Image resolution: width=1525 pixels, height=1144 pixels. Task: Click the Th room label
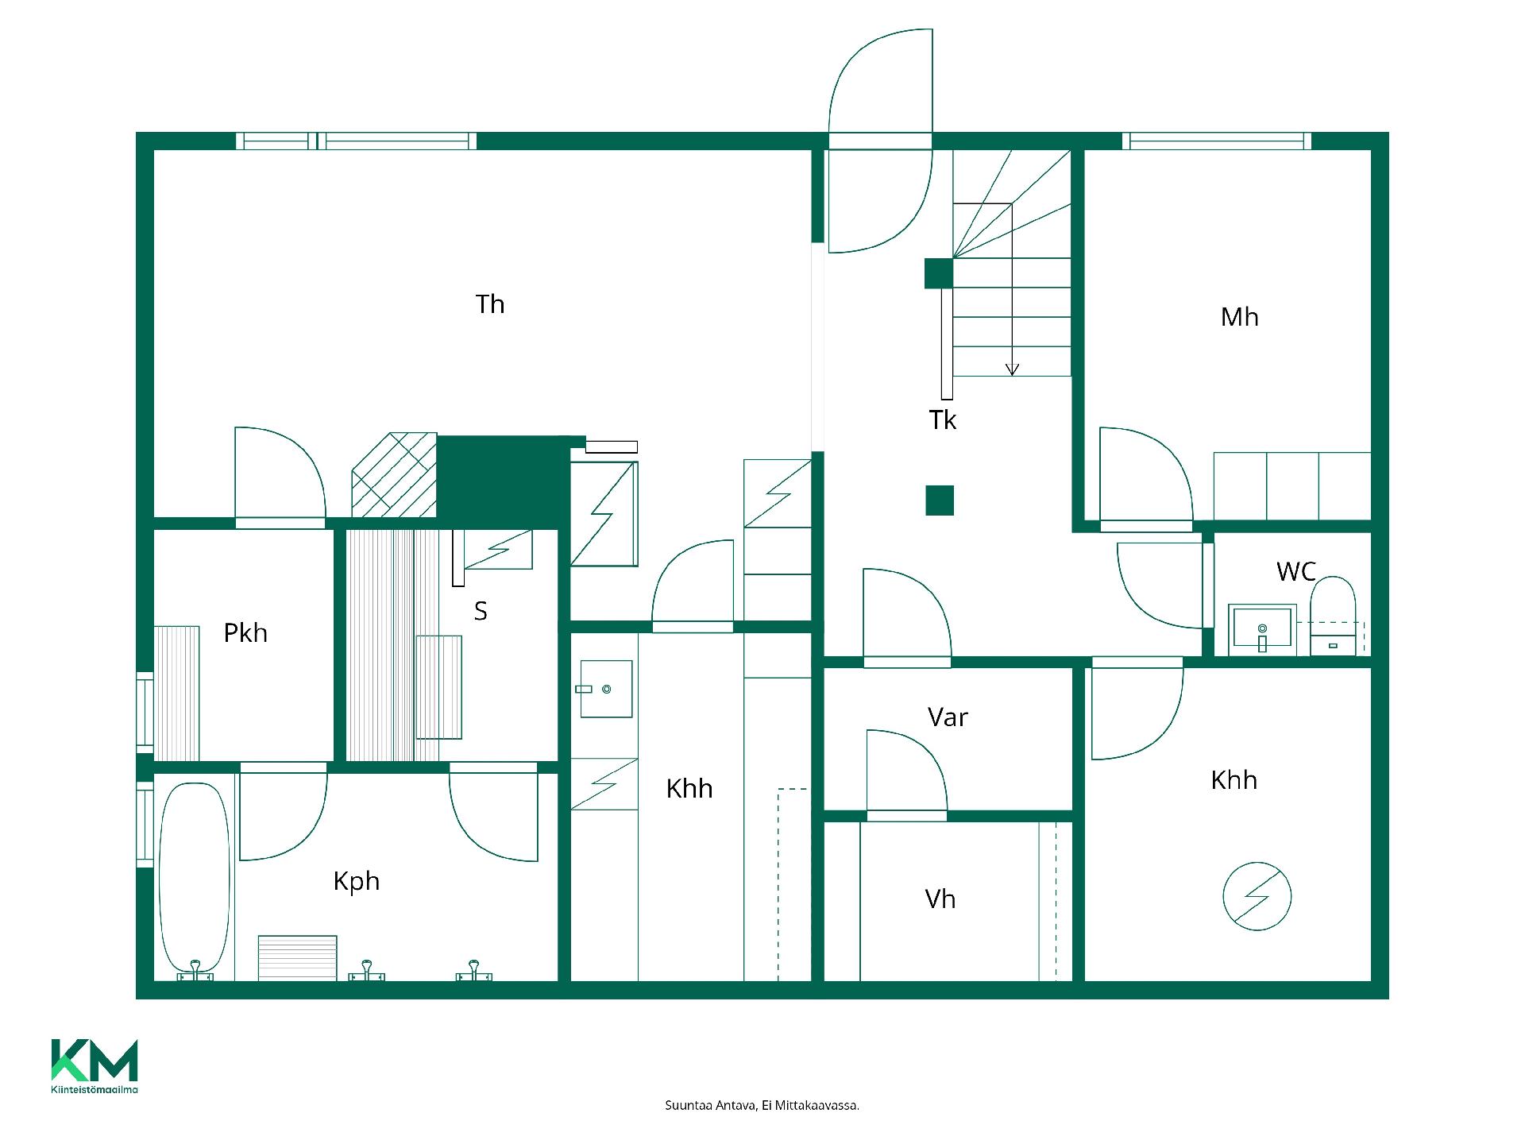pos(490,304)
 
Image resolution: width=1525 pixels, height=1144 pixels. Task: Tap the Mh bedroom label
pos(1239,317)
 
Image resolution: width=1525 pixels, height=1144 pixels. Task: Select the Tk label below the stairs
pos(943,419)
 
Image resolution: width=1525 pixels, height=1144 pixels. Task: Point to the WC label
pos(1295,571)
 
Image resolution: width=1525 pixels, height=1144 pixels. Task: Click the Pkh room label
pos(245,633)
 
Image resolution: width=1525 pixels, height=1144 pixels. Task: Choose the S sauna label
pos(481,611)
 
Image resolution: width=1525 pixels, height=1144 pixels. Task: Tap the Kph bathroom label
pos(357,882)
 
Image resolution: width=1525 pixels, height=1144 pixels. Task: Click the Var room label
pos(948,717)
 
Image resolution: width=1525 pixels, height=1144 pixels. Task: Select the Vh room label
pos(940,899)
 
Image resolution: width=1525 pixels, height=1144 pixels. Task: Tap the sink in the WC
pos(1262,629)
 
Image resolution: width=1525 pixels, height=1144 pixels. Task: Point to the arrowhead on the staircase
pos(1012,369)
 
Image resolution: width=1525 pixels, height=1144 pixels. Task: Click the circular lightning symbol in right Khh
pos(1257,896)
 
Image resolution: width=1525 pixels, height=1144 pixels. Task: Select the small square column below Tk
pos(940,500)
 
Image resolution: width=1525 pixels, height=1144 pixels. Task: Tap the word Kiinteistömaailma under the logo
pos(95,1090)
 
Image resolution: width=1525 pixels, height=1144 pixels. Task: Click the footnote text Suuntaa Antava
pos(710,1105)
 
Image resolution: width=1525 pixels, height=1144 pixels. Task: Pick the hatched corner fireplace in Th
pos(395,475)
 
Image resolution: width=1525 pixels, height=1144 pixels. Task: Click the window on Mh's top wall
pos(1217,141)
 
